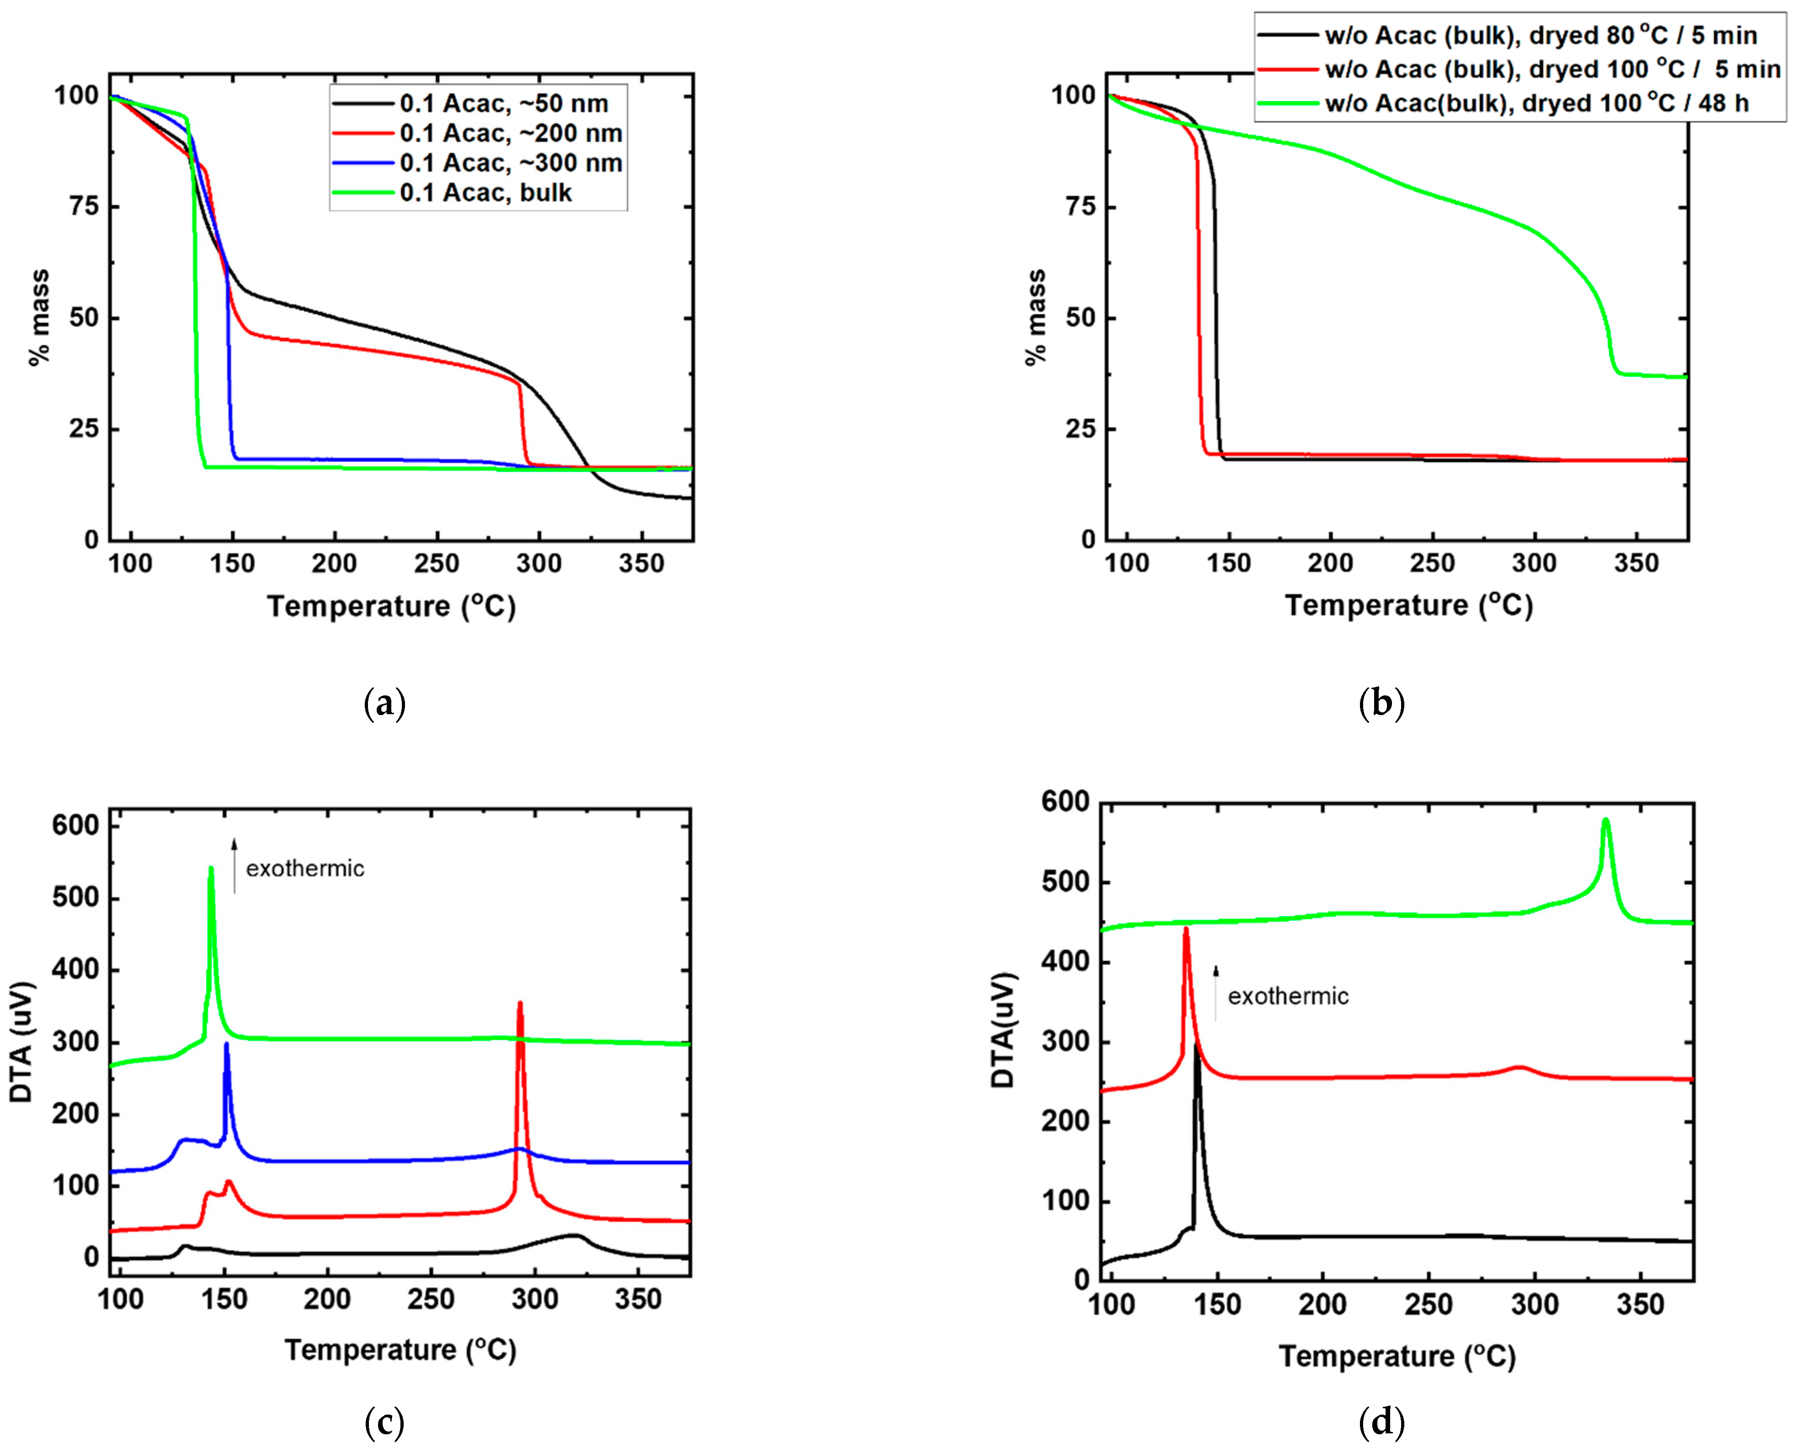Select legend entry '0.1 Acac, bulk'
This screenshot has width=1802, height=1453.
(x=485, y=193)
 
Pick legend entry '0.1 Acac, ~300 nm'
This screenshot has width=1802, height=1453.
(x=511, y=163)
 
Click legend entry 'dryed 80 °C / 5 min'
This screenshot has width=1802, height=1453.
(x=1540, y=36)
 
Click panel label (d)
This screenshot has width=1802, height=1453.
(x=1381, y=1421)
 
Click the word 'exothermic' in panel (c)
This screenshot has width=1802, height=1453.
(x=305, y=869)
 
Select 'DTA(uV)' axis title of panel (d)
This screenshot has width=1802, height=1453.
(x=1002, y=1031)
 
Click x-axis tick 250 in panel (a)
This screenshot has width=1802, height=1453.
(x=436, y=564)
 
